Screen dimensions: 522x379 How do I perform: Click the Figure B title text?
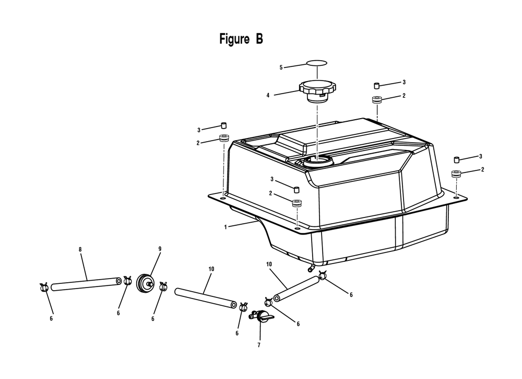pyautogui.click(x=241, y=39)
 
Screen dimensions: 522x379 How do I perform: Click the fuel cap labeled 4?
pyautogui.click(x=317, y=90)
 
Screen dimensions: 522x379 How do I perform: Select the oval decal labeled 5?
pyautogui.click(x=317, y=63)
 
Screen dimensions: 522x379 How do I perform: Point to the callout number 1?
pyautogui.click(x=226, y=227)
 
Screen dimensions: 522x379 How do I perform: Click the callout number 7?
pyautogui.click(x=259, y=346)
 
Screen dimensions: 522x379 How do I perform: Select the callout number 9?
pyautogui.click(x=160, y=249)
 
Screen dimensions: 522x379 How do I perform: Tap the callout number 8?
pyautogui.click(x=80, y=249)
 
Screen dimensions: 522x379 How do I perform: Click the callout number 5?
pyautogui.click(x=281, y=67)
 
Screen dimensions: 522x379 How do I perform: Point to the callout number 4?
pyautogui.click(x=268, y=96)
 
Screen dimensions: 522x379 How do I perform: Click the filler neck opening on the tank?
pyautogui.click(x=318, y=160)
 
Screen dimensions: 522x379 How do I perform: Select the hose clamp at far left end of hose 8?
pyautogui.click(x=44, y=287)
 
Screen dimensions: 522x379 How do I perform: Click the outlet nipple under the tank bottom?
pyautogui.click(x=311, y=268)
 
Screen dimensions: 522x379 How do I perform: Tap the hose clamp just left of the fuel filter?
pyautogui.click(x=127, y=281)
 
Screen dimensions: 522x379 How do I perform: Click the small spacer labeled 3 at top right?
pyautogui.click(x=377, y=85)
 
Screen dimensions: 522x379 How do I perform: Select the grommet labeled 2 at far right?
pyautogui.click(x=456, y=174)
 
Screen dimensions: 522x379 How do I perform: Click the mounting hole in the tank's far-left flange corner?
pyautogui.click(x=222, y=198)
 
